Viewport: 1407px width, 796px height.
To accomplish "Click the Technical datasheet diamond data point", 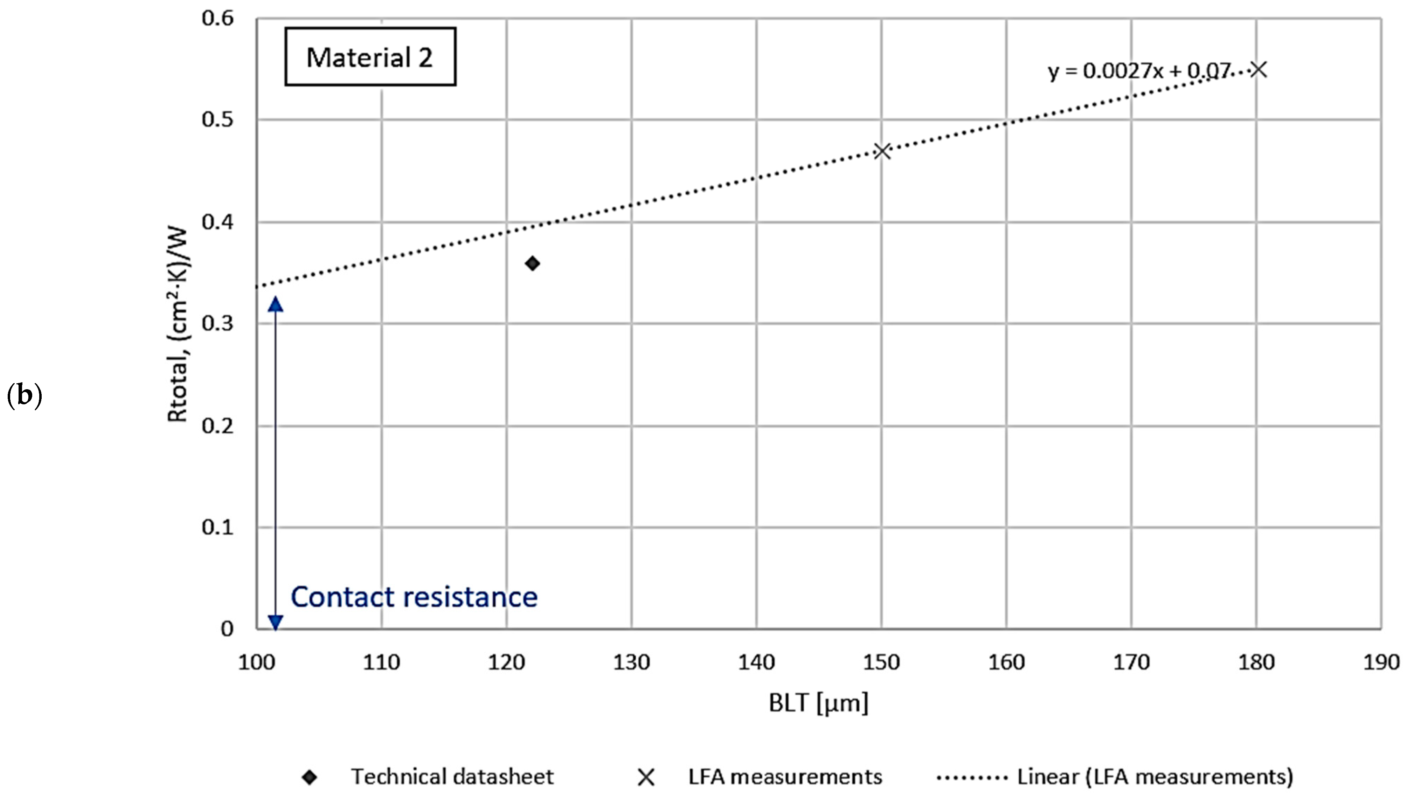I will (532, 263).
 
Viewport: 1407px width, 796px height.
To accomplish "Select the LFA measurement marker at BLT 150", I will (882, 151).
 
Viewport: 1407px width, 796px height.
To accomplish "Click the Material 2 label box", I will (370, 57).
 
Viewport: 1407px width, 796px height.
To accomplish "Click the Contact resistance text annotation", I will (414, 596).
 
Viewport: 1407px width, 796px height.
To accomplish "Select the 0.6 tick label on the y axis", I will (217, 18).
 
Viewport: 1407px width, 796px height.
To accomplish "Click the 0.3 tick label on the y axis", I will (217, 323).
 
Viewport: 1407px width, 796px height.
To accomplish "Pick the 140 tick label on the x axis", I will (756, 663).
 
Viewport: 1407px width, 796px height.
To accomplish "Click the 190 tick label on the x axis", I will (1381, 663).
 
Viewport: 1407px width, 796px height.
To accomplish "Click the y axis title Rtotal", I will (178, 325).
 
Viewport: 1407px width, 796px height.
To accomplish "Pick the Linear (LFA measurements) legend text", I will (1155, 776).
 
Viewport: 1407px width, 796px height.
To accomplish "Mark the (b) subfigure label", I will (24, 395).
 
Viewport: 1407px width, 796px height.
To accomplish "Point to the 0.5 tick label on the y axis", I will (217, 119).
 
